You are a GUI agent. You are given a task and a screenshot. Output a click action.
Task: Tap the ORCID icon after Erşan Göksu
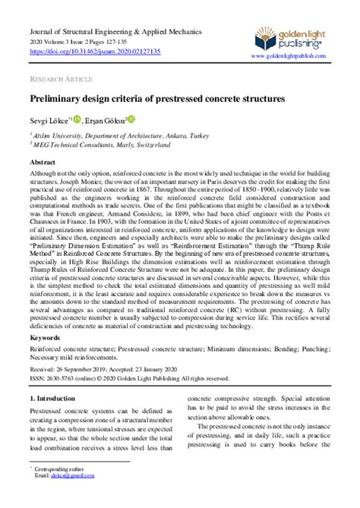pos(131,118)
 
